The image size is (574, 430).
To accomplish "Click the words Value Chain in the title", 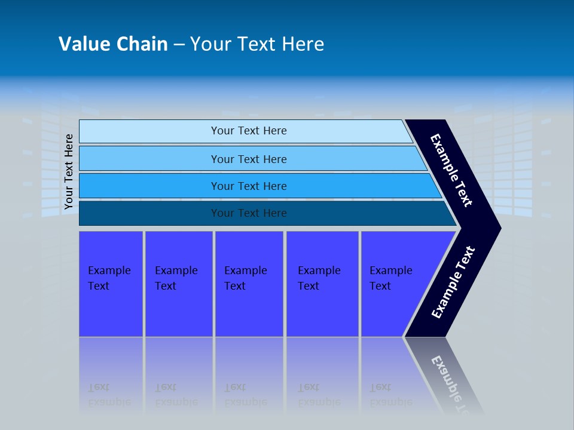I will click(113, 44).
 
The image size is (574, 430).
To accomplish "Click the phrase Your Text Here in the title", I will click(257, 44).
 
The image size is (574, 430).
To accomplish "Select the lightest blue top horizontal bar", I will click(149, 131).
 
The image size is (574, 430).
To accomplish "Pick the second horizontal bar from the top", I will click(149, 159).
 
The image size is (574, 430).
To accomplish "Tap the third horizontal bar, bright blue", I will click(149, 186).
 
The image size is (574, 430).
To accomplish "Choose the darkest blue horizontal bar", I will click(149, 213).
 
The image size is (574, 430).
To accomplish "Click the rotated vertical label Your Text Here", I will click(69, 171).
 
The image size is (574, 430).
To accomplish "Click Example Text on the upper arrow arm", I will click(451, 170).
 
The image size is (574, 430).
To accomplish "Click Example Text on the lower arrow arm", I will click(453, 282).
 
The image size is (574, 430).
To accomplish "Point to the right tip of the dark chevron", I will click(499, 228).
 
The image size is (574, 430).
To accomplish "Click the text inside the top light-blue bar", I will click(249, 131).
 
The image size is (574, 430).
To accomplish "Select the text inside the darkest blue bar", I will click(249, 213).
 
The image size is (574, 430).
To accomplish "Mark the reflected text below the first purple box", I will click(109, 395).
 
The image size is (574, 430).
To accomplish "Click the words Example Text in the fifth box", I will click(390, 278).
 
